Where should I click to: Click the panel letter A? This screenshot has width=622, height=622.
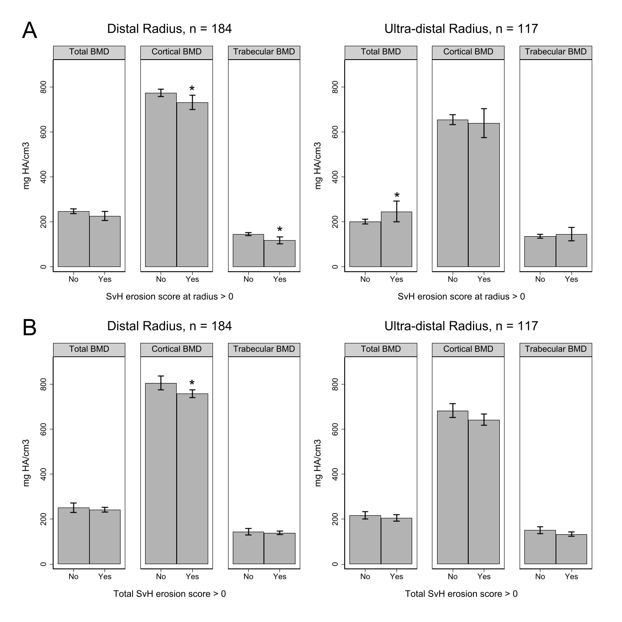click(29, 30)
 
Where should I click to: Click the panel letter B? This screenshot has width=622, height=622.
click(29, 328)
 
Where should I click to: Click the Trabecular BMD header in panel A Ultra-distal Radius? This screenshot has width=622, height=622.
click(555, 52)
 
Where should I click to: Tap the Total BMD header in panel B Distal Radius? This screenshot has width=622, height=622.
click(89, 349)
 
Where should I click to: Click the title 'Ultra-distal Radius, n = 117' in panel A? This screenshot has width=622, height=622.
click(461, 29)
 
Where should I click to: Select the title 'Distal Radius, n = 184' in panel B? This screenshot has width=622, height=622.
click(169, 326)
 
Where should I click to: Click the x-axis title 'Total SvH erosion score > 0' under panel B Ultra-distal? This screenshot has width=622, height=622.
click(461, 594)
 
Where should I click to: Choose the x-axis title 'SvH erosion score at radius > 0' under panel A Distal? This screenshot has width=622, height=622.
click(169, 297)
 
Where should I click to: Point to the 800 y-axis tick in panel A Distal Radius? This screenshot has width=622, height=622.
click(43, 87)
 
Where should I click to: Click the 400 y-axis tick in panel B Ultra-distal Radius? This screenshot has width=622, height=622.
click(335, 474)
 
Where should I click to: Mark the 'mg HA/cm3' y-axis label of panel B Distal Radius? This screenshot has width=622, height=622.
click(27, 463)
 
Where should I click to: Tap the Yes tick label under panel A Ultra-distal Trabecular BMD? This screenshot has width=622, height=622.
click(571, 279)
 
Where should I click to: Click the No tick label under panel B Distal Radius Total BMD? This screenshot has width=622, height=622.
click(73, 577)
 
